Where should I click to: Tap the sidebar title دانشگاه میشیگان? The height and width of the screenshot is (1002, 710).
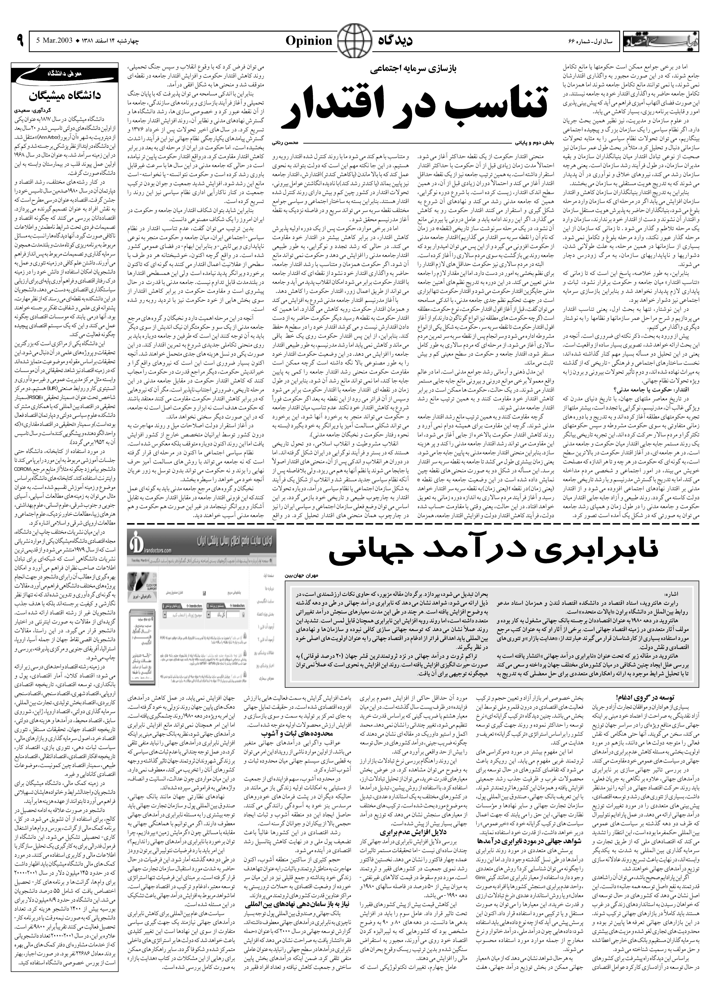pyautogui.click(x=65, y=95)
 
